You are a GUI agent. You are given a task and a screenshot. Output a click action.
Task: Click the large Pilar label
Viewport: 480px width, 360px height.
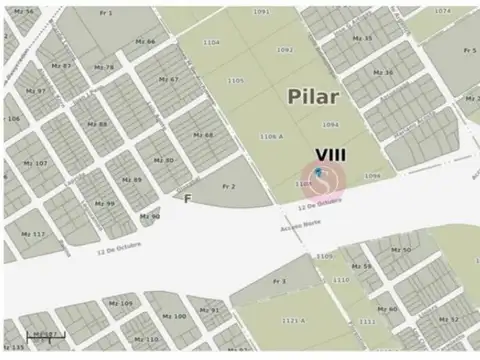pos(313,97)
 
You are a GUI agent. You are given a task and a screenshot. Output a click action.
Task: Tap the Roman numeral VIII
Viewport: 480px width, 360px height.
pos(331,154)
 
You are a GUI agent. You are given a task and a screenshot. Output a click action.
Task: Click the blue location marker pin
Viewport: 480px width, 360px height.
pos(319,174)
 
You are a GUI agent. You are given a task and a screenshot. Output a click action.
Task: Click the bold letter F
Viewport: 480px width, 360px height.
pos(188,199)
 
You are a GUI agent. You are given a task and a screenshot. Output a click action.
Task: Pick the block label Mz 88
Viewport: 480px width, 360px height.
pos(98,124)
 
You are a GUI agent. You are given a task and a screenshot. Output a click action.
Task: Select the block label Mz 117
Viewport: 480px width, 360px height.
pos(33,234)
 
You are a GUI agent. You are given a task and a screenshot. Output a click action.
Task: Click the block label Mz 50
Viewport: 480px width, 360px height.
pos(401,249)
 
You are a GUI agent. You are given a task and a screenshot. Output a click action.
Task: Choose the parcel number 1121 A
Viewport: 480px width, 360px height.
pos(293,320)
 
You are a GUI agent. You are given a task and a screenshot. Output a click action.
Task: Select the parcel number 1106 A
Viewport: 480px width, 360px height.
pos(271,135)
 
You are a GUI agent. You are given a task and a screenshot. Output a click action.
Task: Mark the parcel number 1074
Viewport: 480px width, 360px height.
pos(442,11)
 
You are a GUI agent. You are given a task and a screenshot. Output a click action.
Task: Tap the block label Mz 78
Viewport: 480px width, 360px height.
pos(103,67)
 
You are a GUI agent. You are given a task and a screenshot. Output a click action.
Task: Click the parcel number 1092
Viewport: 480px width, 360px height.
pos(285,49)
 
